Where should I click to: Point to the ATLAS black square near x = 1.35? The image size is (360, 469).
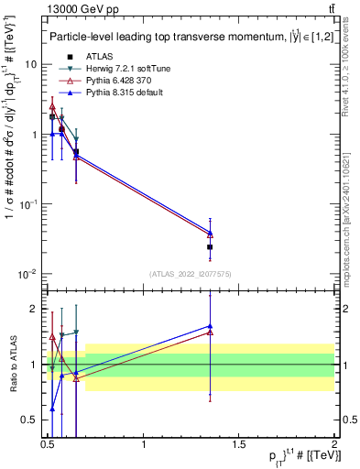pos(211,246)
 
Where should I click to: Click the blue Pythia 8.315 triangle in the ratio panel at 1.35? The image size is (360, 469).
pos(211,325)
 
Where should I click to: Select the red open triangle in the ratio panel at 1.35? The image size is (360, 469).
pos(211,333)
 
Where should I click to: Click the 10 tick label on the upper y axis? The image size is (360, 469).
pos(30,65)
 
